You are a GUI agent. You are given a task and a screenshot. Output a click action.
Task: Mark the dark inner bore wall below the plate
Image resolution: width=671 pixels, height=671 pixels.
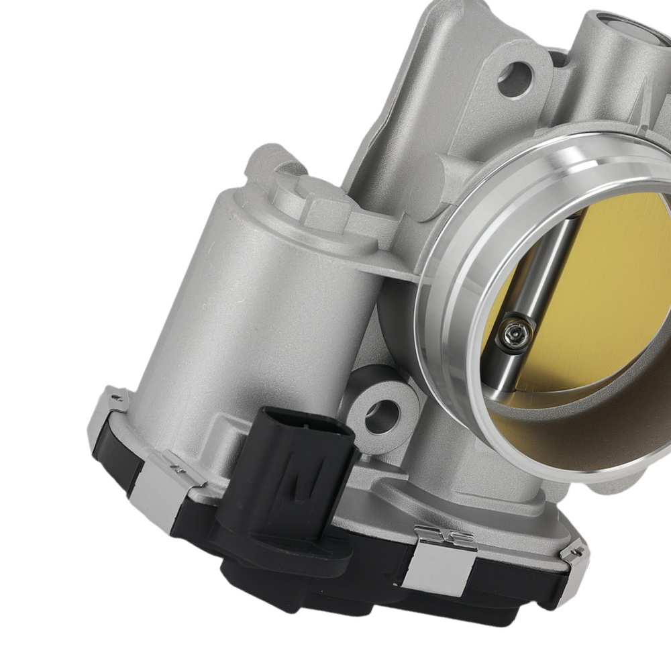pyautogui.click(x=570, y=429)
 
